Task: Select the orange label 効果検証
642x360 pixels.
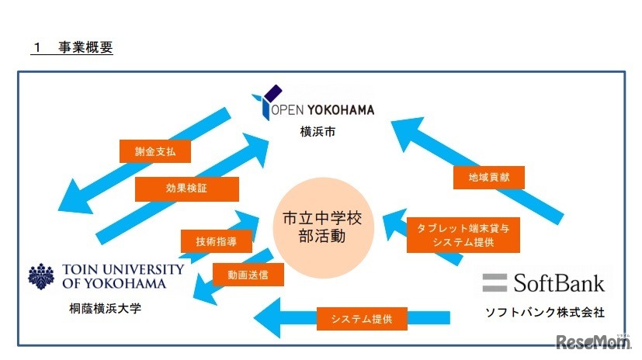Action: pyautogui.click(x=186, y=189)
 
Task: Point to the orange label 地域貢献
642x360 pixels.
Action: pyautogui.click(x=488, y=178)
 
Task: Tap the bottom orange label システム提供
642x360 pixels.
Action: pyautogui.click(x=361, y=317)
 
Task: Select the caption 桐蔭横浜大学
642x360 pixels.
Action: pyautogui.click(x=106, y=309)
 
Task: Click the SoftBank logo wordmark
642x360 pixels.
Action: pyautogui.click(x=557, y=282)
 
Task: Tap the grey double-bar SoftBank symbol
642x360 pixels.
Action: pyautogui.click(x=495, y=282)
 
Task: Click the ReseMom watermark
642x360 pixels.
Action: pyautogui.click(x=590, y=341)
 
